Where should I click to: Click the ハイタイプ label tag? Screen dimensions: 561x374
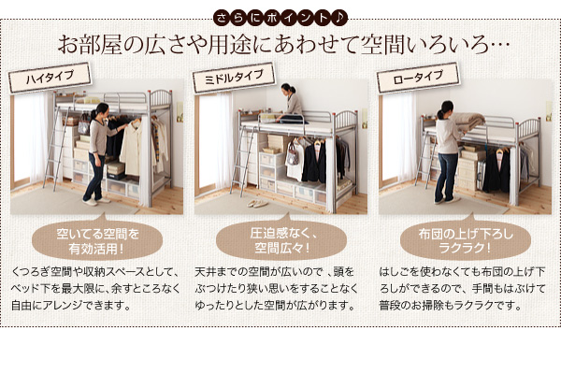tap(50, 78)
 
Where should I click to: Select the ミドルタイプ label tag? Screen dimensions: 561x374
tap(234, 78)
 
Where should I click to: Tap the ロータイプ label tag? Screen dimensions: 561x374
tap(418, 78)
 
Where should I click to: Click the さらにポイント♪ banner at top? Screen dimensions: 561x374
tap(280, 18)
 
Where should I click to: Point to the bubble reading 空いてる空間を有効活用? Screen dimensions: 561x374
tap(97, 240)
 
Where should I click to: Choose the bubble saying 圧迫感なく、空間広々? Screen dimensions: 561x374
tap(281, 240)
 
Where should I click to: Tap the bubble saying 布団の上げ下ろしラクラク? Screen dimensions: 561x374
tap(465, 240)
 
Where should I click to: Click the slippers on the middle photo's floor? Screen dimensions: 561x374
tap(257, 203)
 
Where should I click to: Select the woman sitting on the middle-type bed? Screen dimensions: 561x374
tap(291, 104)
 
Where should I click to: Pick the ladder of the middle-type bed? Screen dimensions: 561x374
tap(243, 160)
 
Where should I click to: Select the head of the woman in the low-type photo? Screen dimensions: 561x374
tap(445, 108)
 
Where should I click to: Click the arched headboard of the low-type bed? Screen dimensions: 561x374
tap(527, 129)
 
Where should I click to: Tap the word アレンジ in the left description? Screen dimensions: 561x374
tap(63, 306)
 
